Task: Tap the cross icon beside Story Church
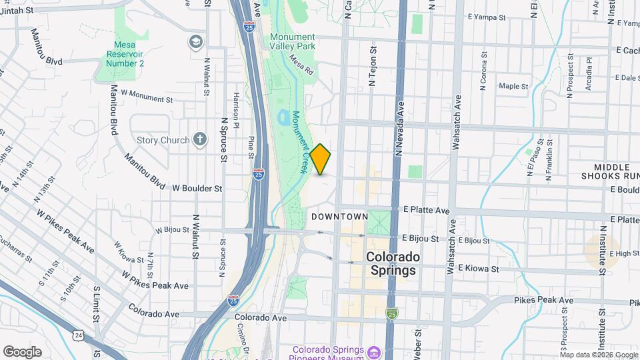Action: (x=199, y=139)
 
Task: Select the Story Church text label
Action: (x=163, y=140)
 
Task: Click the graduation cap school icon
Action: (x=195, y=42)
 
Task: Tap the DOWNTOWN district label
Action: (x=339, y=217)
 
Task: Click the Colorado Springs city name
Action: (x=393, y=263)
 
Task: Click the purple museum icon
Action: (x=374, y=351)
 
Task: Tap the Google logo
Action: (x=22, y=352)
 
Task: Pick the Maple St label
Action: (x=513, y=86)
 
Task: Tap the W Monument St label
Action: (x=147, y=96)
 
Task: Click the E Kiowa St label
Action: (x=473, y=269)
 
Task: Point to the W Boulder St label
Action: (x=197, y=189)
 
